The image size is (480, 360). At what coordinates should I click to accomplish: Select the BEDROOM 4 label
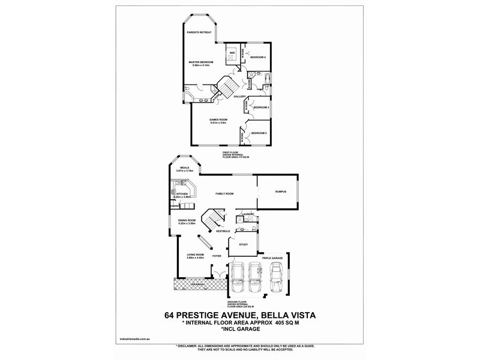[258, 57]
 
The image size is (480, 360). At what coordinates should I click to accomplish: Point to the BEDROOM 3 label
[260, 107]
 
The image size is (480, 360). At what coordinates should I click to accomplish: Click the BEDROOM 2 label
[259, 133]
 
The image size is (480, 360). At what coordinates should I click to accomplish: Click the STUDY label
[243, 245]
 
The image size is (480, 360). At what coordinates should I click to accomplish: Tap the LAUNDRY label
[248, 214]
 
